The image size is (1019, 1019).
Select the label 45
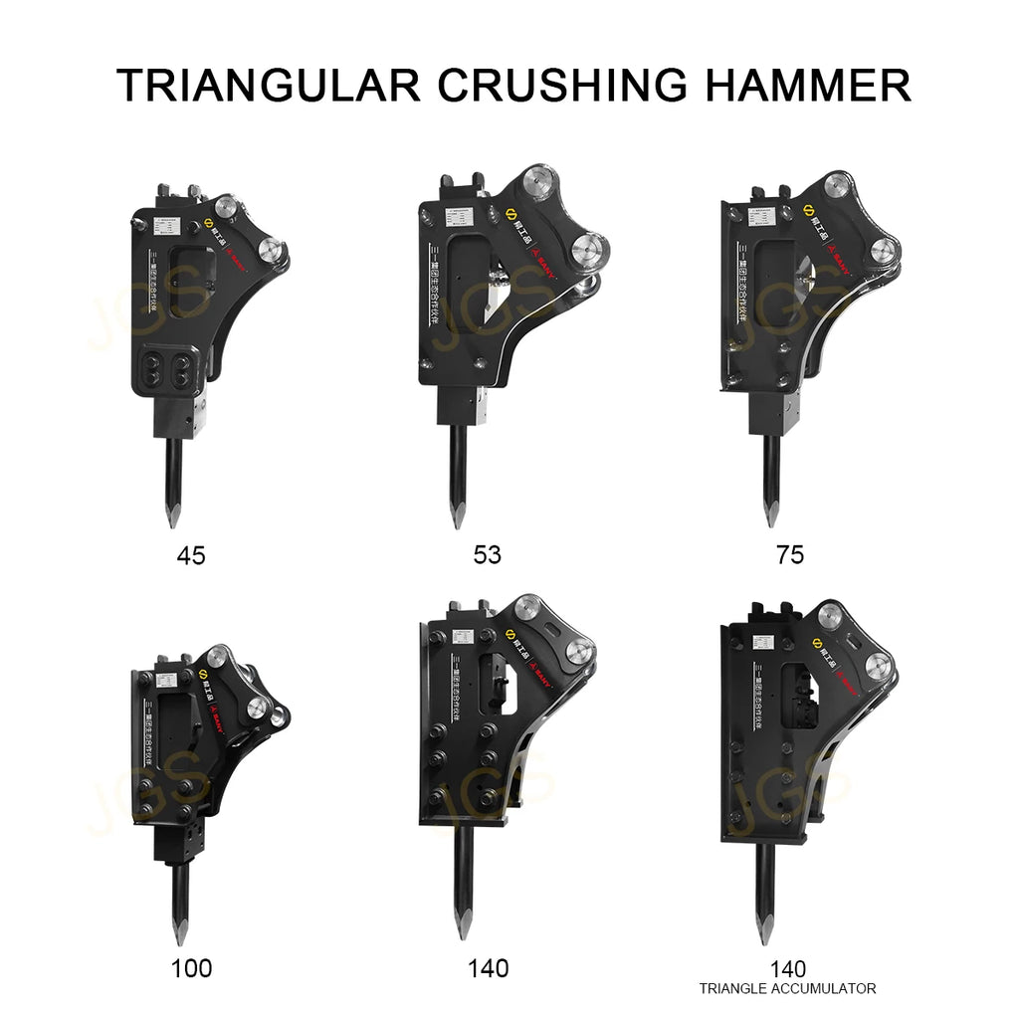coord(190,555)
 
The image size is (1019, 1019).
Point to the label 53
coord(488,555)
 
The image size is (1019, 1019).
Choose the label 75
coord(789,555)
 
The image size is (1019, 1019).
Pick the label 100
coord(191,967)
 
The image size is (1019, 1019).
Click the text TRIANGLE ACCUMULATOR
coord(787,988)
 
